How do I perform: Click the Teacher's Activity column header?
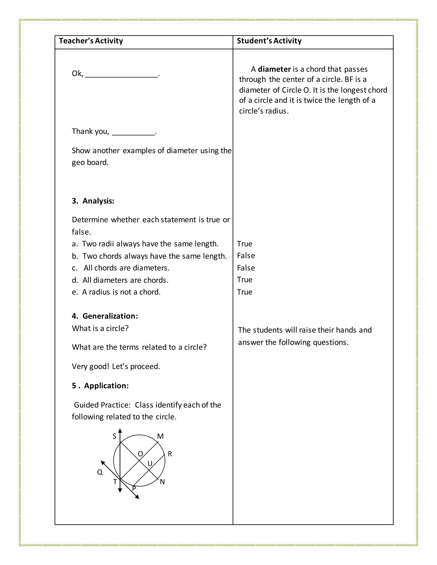point(91,41)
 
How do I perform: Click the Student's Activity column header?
point(269,41)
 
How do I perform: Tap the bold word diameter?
point(274,69)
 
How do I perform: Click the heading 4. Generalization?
point(105,316)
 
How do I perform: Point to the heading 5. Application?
point(100,385)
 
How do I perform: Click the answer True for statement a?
point(244,244)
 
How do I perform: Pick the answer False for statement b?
point(246,256)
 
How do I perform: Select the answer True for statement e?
point(244,292)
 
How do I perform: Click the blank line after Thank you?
point(133,132)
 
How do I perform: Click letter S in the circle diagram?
point(114,436)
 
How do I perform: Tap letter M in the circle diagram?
point(160,436)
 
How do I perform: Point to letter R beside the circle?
point(170,454)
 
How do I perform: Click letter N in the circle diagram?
point(162,482)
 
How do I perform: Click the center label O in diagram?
point(140,454)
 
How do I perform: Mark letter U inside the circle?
point(150,463)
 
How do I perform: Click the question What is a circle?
point(100,328)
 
